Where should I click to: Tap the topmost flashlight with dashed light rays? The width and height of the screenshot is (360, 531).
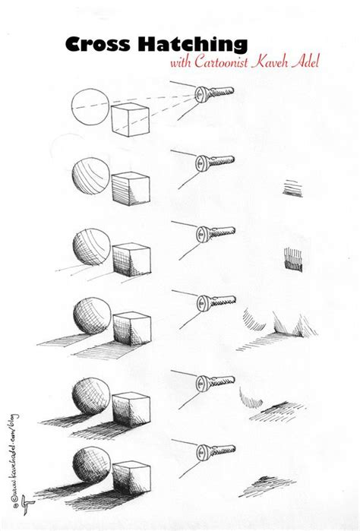(215, 95)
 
